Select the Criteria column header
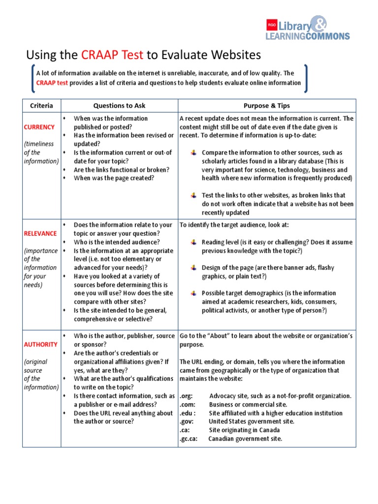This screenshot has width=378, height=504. click(42, 105)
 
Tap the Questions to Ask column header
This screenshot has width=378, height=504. click(119, 105)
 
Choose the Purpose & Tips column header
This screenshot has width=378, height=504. click(267, 105)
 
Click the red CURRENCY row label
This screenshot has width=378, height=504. click(39, 127)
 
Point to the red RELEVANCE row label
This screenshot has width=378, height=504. click(40, 233)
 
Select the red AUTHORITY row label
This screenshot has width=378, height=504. click(41, 345)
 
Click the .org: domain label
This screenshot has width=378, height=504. click(187, 396)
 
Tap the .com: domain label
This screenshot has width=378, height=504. click(188, 405)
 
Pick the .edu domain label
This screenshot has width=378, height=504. click(188, 413)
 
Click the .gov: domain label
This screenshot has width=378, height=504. click(188, 421)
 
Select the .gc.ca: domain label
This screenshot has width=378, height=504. click(189, 439)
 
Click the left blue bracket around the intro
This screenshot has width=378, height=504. click(32, 78)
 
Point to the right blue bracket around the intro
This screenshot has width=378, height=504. click(306, 78)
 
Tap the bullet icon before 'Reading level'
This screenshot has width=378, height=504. click(194, 242)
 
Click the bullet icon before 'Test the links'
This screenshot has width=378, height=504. click(194, 195)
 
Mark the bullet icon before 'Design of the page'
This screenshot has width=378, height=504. click(194, 268)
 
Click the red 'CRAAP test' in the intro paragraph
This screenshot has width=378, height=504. click(52, 83)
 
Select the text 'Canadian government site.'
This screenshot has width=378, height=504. click(245, 439)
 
